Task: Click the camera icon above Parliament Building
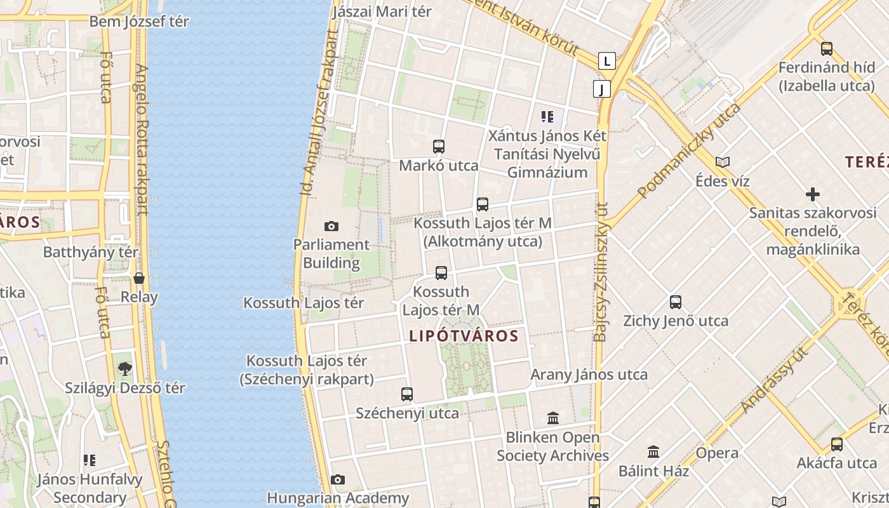coord(331,226)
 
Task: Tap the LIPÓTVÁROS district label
coord(464,336)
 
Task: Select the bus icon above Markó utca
coord(438,147)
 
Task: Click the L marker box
coord(608,62)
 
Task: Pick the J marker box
coord(601,89)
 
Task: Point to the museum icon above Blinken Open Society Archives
coord(553,418)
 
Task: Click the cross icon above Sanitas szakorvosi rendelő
coord(812,194)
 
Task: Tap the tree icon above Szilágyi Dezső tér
coord(125,369)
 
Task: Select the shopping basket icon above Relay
coord(139,278)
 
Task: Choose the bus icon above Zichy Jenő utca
coord(676,302)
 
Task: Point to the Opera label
coord(717,453)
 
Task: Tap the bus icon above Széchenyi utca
coord(407,394)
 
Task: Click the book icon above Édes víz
coord(722,162)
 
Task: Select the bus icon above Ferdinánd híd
coord(826,49)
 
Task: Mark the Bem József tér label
coord(139,22)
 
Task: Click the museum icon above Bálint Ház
coord(653,452)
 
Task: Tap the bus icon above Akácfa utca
coord(837,444)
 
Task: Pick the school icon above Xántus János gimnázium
coord(547,117)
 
